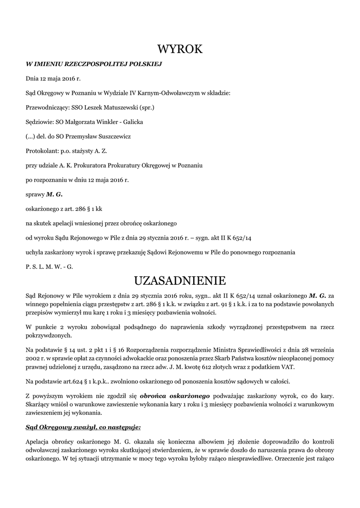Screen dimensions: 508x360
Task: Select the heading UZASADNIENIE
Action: point(180,281)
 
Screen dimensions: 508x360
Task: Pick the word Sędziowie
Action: point(39,122)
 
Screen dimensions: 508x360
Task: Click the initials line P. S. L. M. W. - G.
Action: point(49,266)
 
